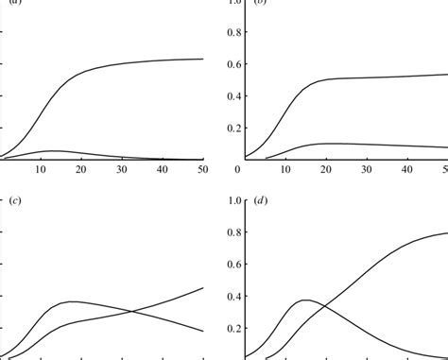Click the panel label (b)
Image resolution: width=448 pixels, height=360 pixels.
(261, 4)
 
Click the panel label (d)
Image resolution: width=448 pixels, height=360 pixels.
(261, 201)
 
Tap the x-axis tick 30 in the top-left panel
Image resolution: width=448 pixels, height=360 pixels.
(122, 168)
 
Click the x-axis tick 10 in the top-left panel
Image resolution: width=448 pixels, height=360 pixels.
(41, 168)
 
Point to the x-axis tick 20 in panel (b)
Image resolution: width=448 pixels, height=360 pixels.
(326, 168)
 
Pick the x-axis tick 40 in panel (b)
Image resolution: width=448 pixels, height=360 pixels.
(407, 168)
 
